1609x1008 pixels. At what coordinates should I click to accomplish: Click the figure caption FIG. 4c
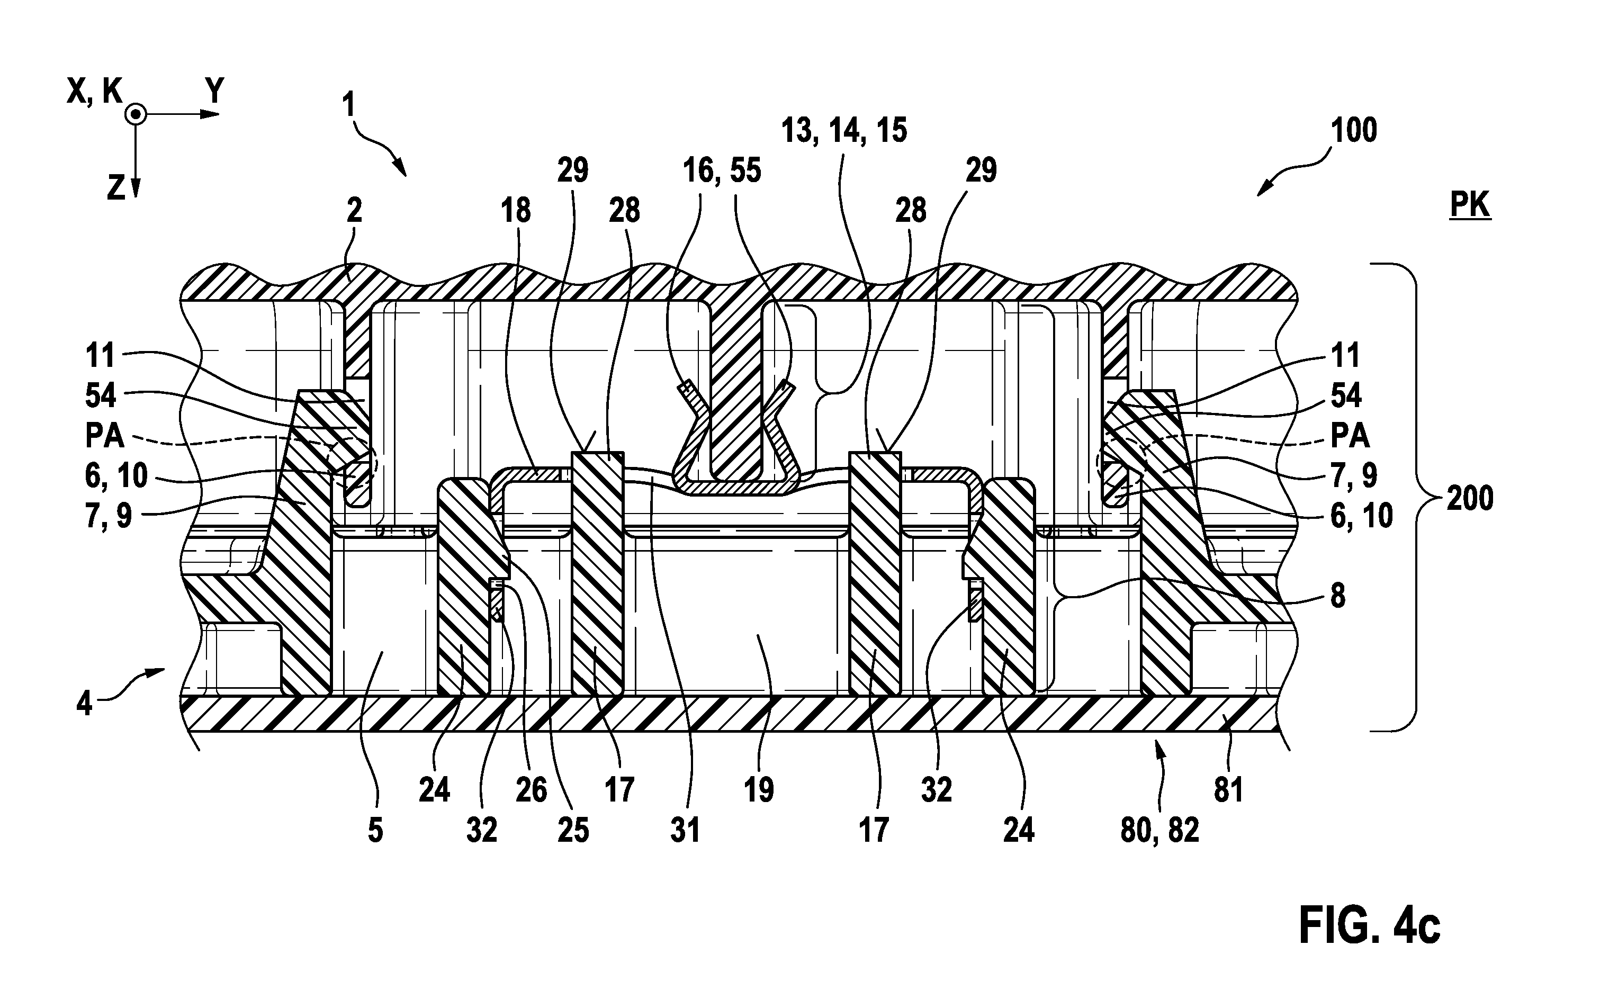(1370, 925)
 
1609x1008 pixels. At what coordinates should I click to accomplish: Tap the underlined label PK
(1470, 206)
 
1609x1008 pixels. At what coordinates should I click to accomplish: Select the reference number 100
(1354, 131)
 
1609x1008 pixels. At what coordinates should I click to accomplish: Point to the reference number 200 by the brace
(1470, 499)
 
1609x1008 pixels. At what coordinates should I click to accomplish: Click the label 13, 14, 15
(844, 131)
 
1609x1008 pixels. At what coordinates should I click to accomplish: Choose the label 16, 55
(722, 170)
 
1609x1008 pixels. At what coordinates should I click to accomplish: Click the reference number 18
(516, 211)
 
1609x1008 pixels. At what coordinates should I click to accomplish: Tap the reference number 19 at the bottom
(759, 790)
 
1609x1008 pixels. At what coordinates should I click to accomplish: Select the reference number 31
(685, 831)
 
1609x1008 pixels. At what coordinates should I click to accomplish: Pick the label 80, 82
(1159, 831)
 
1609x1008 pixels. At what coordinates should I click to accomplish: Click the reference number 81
(1228, 790)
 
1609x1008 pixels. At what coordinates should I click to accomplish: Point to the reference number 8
(1338, 596)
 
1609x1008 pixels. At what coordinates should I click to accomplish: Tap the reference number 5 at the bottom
(375, 831)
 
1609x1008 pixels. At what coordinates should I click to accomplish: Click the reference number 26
(531, 790)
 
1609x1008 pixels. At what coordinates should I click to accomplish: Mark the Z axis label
(116, 188)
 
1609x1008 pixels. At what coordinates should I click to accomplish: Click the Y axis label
(214, 91)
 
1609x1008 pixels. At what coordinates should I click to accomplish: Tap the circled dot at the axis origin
(136, 115)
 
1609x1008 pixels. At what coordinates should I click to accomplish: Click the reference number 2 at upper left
(354, 211)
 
